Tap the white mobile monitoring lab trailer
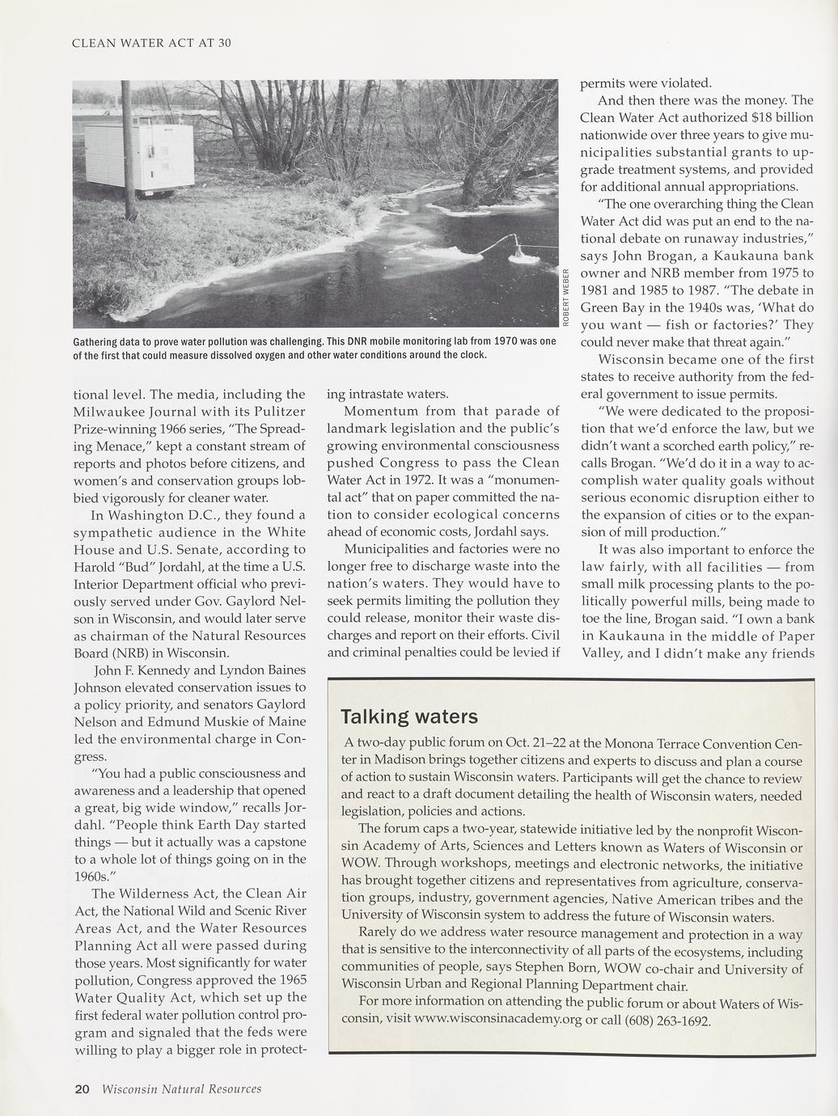coord(139,157)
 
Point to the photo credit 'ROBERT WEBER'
coord(567,295)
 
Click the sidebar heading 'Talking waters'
coord(409,717)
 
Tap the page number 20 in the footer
coord(82,1089)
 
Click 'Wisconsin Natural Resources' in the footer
coord(182,1089)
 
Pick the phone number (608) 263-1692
coord(667,1020)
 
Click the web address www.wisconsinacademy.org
coord(497,1019)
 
